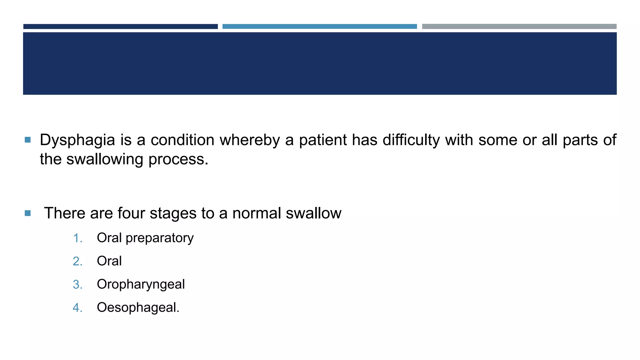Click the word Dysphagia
(77, 140)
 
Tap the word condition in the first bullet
(182, 140)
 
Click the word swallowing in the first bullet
(105, 159)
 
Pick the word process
(178, 159)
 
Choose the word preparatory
(159, 238)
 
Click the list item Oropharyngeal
(141, 284)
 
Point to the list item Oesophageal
(138, 307)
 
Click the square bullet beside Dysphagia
(27, 140)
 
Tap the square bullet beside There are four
(27, 213)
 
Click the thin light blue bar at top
(319, 27)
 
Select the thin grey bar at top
(519, 27)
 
